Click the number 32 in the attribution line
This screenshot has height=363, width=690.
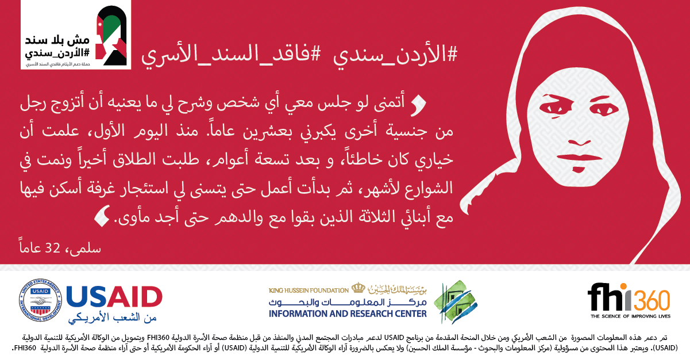click(x=52, y=247)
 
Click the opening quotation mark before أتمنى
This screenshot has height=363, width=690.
click(x=419, y=105)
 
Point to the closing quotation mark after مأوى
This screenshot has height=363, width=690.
click(x=102, y=216)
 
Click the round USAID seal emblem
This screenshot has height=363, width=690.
click(x=40, y=300)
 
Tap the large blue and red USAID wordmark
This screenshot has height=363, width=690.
click(x=114, y=297)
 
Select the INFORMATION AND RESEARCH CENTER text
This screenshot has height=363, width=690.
click(x=348, y=314)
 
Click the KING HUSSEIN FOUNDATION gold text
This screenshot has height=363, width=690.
click(x=309, y=291)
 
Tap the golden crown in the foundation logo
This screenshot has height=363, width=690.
click(x=358, y=288)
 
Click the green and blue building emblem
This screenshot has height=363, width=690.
click(x=456, y=302)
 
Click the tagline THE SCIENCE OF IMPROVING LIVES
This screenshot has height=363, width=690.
click(x=630, y=316)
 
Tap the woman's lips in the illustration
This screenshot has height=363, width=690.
click(x=579, y=161)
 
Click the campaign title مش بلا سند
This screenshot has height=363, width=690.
click(x=57, y=40)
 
